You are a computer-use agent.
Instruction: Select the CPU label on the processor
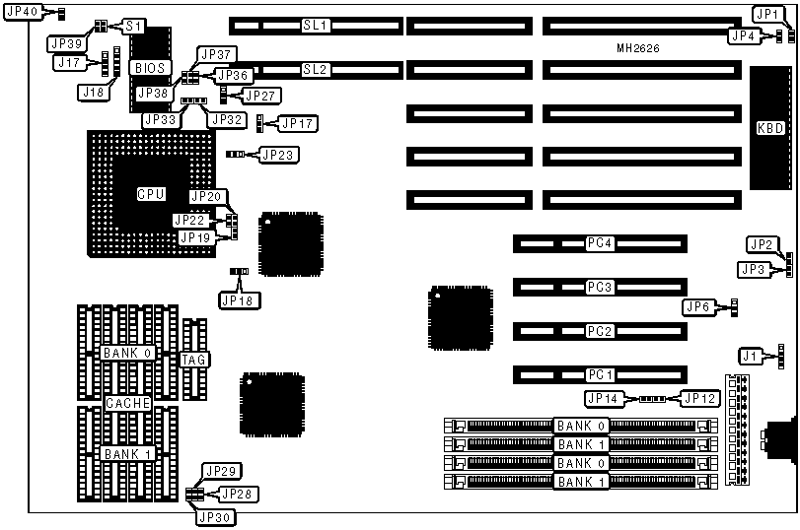[151, 194]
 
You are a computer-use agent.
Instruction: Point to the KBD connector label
[770, 128]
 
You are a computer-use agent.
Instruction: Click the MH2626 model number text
[638, 47]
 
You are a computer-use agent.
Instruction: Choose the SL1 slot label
[316, 23]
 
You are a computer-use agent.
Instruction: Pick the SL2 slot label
[316, 70]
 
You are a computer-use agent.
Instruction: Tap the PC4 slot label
[601, 242]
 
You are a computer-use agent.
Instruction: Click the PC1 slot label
[601, 374]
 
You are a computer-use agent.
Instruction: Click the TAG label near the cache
[194, 360]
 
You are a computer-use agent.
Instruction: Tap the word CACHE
[128, 404]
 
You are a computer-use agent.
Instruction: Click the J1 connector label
[752, 356]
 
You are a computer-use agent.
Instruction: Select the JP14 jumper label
[604, 399]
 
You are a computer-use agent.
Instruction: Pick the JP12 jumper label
[697, 399]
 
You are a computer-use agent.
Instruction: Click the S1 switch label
[133, 25]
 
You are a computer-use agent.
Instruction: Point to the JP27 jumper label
[260, 96]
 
